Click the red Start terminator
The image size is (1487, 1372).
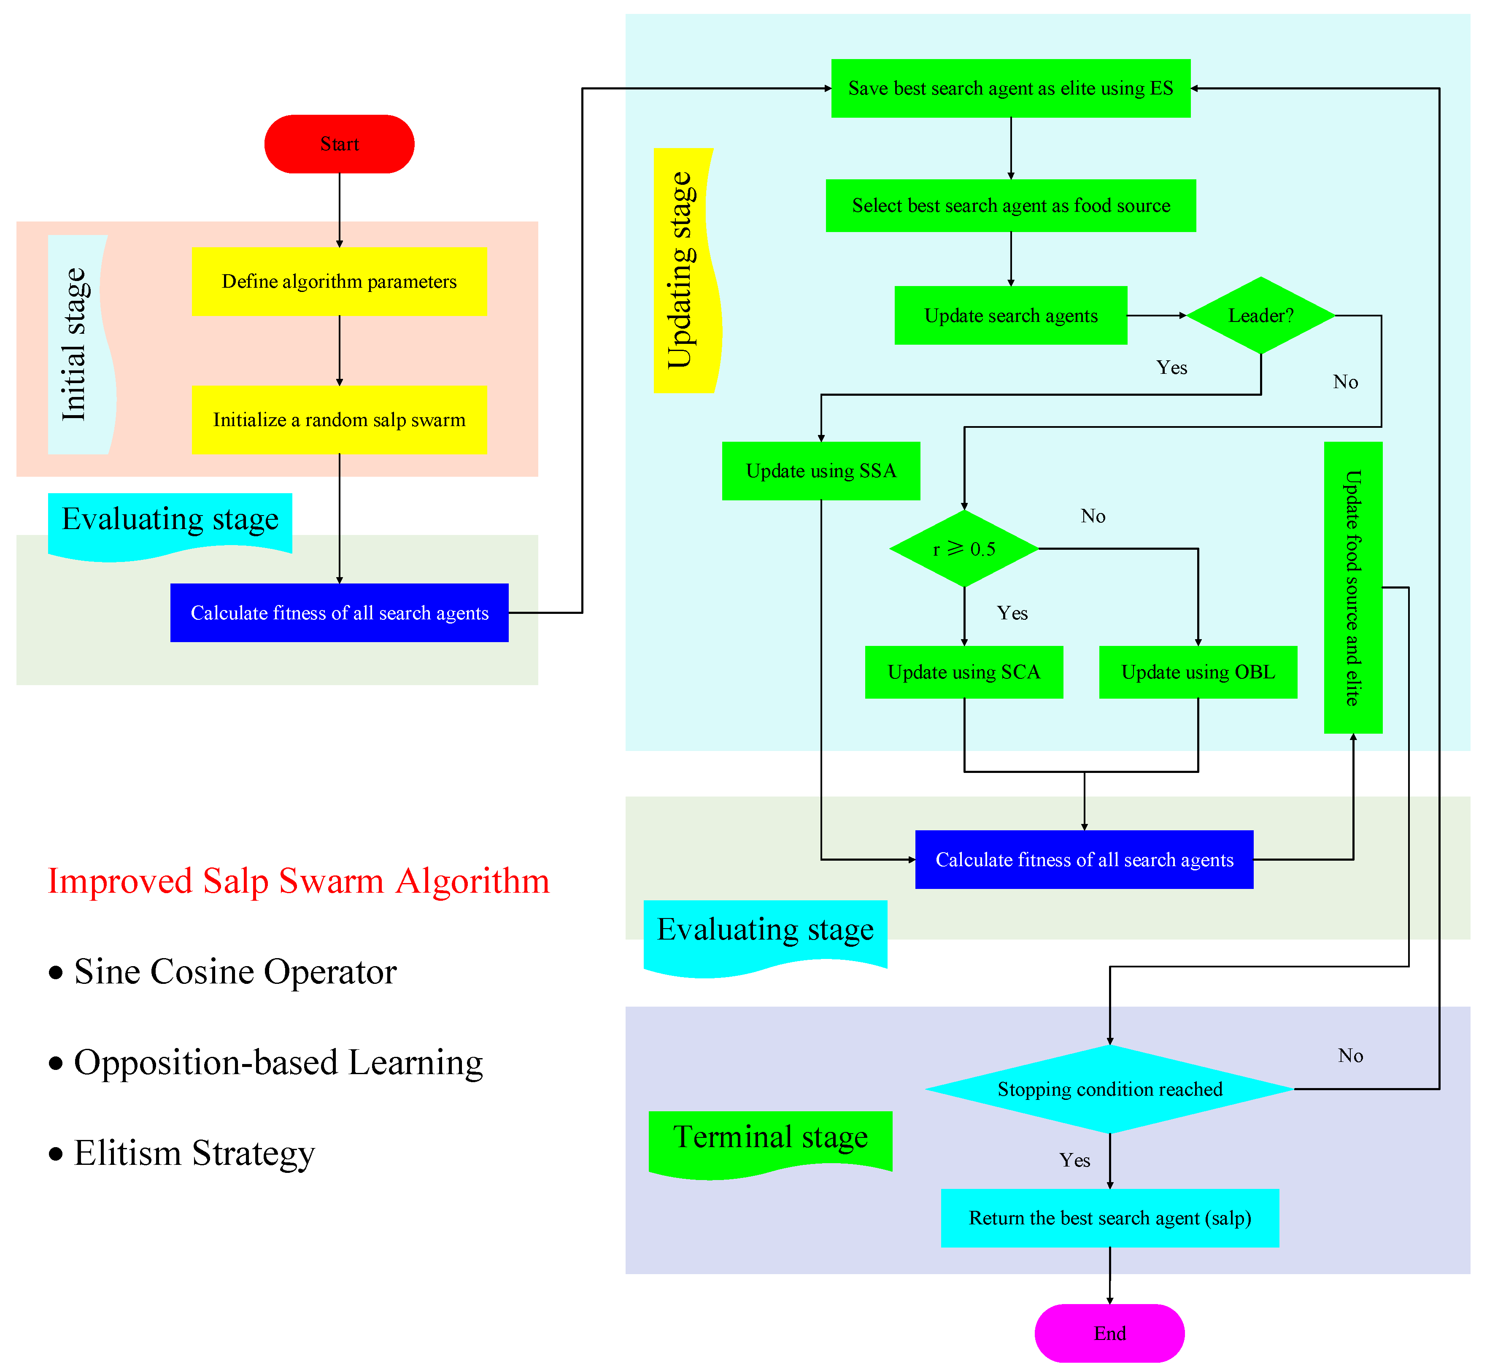[x=339, y=144]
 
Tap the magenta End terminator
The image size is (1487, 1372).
[x=1109, y=1333]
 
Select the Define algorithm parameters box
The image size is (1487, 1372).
[x=339, y=281]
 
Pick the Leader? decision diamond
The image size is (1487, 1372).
[x=1260, y=316]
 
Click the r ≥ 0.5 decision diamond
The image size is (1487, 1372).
[x=963, y=548]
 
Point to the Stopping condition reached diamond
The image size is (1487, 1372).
[x=1109, y=1089]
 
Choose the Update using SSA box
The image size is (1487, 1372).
[x=821, y=471]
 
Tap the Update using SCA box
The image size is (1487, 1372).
[x=963, y=672]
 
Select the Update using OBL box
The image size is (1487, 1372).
[x=1198, y=672]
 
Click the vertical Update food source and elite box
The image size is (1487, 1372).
[x=1352, y=587]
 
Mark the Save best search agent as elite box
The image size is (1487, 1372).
[x=1010, y=88]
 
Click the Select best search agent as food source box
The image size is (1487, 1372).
[x=1010, y=205]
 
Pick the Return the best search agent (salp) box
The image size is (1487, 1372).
[x=1109, y=1218]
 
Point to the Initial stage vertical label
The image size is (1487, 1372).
[x=76, y=345]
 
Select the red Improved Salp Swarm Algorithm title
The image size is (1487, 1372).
[x=298, y=881]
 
